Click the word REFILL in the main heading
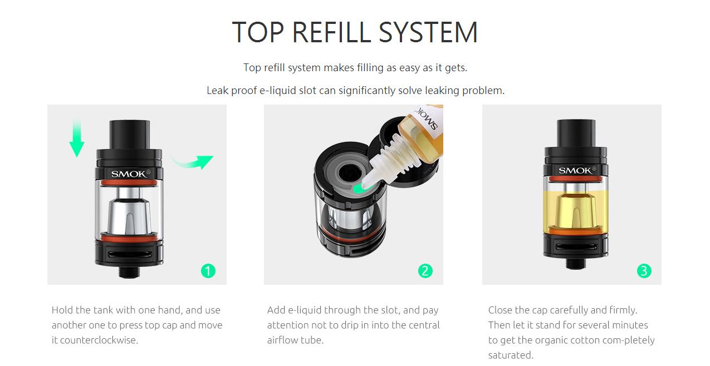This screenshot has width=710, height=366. [331, 32]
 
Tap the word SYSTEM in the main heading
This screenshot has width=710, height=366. [428, 32]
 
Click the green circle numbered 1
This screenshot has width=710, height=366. [208, 271]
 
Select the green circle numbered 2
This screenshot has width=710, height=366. [425, 271]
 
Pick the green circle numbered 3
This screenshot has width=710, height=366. [644, 271]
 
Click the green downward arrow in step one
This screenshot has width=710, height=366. [77, 139]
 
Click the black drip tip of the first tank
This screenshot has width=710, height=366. [129, 134]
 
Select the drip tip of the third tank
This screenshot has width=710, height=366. [576, 133]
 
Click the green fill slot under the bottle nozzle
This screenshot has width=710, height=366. [359, 189]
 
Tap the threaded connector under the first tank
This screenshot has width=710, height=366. [129, 272]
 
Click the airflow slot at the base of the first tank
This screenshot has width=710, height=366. [130, 254]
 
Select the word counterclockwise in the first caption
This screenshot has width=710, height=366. [99, 340]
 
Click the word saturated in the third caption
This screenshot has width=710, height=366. [511, 355]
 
